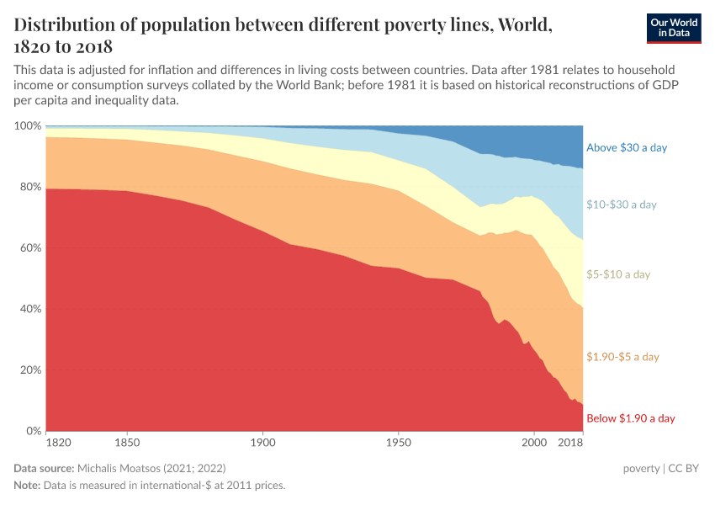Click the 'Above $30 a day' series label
[626, 147]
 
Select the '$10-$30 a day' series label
[621, 205]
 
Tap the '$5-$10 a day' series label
[617, 274]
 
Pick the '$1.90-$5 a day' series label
[622, 357]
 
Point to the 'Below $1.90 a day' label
[630, 418]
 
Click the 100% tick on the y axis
[28, 125]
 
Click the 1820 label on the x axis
[58, 443]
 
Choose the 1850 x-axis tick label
[127, 443]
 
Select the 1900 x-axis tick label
[262, 443]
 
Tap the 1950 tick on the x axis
[398, 443]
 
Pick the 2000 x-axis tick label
[533, 443]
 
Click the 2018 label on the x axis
[571, 443]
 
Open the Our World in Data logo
[673, 27]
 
